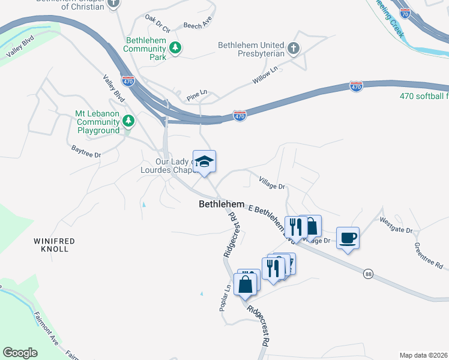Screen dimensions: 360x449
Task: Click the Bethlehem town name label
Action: tap(221, 205)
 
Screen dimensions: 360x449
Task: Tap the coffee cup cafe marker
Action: tap(348, 238)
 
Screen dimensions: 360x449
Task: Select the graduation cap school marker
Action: tap(204, 161)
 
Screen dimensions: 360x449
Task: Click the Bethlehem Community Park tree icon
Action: tap(175, 48)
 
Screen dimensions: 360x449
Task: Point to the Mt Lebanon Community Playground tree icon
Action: tap(128, 122)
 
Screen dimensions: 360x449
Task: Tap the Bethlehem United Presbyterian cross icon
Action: tap(294, 49)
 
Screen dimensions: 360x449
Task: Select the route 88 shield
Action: tap(367, 274)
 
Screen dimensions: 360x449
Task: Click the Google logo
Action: tap(20, 353)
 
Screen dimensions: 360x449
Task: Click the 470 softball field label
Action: tap(424, 96)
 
